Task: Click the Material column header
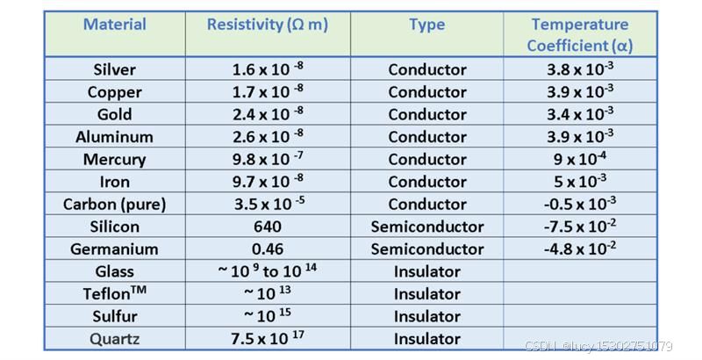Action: tap(115, 25)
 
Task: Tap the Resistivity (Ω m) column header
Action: tap(268, 25)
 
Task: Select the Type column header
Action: tap(426, 25)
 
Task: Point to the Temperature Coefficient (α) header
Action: tap(580, 34)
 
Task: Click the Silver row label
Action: tap(115, 69)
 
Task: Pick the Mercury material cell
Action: tap(115, 160)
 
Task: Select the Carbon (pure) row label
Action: tap(115, 205)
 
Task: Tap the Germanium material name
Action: tap(115, 249)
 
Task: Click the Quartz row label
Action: tap(115, 339)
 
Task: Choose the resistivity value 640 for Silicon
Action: tap(268, 227)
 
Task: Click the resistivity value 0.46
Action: tap(268, 249)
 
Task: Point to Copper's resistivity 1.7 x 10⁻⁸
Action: tap(268, 91)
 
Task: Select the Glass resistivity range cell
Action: tap(268, 270)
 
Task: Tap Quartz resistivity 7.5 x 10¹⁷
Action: tap(268, 338)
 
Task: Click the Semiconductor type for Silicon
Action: tap(427, 227)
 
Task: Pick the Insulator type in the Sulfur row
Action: tap(427, 317)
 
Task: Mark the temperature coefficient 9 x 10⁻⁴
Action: tap(580, 159)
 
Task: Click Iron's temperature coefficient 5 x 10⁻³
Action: tap(580, 182)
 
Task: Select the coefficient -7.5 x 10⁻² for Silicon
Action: tap(580, 227)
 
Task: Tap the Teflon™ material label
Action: tap(115, 293)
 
